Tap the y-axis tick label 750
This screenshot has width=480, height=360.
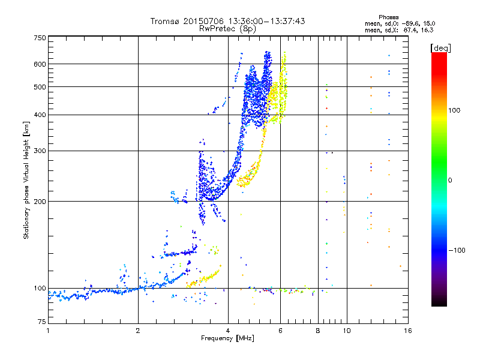tap(40, 38)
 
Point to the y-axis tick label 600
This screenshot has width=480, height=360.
tap(40, 64)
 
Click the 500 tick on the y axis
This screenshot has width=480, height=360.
tap(40, 87)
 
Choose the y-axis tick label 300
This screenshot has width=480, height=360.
tap(40, 151)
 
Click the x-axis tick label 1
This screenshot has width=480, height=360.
tap(48, 331)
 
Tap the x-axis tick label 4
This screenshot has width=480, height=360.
tap(228, 331)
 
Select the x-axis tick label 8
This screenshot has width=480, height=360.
tap(318, 331)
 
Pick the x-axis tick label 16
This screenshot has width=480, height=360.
tap(407, 331)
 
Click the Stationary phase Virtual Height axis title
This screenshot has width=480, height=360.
tap(26, 180)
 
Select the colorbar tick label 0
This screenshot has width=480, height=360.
tap(450, 180)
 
